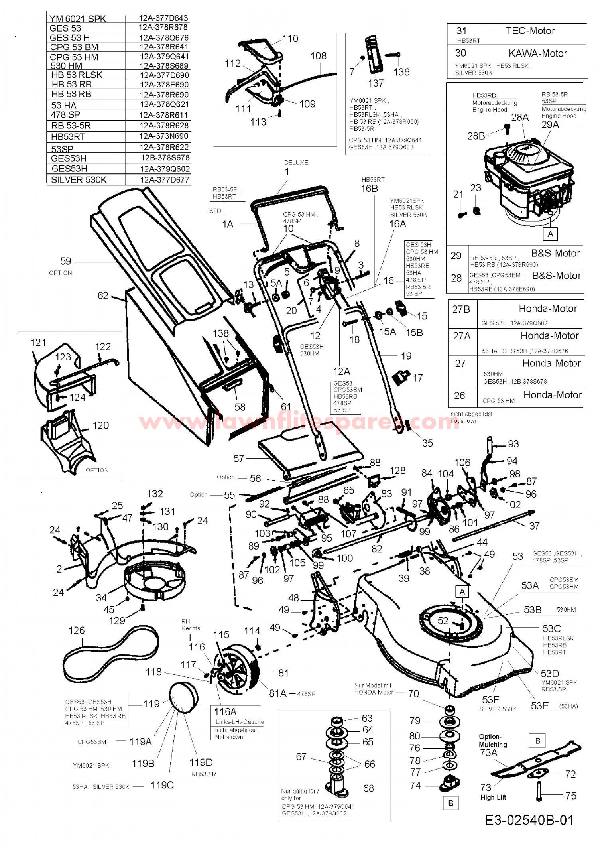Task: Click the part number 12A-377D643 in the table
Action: point(163,18)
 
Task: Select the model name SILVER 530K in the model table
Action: point(79,180)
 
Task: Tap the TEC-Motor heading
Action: point(530,31)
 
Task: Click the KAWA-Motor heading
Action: point(537,53)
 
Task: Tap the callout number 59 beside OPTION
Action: point(66,261)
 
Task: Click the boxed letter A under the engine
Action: point(550,234)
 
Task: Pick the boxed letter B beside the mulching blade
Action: point(538,741)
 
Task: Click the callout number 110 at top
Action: point(290,39)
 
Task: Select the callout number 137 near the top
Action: point(376,83)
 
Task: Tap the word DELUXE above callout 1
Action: point(296,163)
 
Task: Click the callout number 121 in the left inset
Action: point(38,342)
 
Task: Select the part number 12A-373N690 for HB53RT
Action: point(163,136)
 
